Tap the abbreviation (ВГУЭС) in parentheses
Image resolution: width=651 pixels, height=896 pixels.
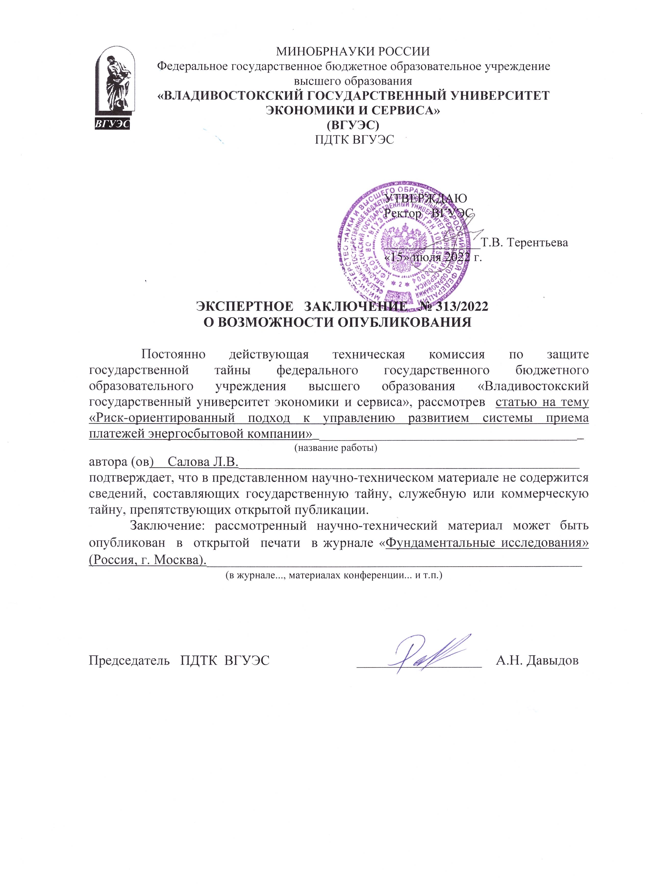click(353, 125)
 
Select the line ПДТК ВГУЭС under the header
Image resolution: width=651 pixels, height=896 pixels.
click(354, 140)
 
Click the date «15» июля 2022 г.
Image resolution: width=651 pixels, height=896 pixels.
click(433, 257)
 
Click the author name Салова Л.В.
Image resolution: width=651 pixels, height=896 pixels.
click(203, 462)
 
